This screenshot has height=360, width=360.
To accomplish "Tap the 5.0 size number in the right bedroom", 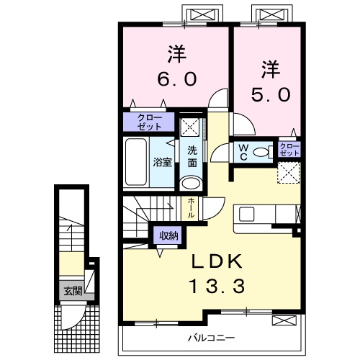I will point(269,94).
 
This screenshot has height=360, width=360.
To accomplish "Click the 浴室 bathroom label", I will point(162,162).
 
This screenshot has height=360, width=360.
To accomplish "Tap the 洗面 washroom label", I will point(192,156).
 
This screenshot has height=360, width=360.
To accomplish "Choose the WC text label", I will point(243,151).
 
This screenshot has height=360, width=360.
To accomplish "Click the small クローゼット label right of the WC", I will point(289,150).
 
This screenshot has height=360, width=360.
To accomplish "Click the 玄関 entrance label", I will point(71,291).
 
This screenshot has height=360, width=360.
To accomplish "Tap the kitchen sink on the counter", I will point(246,213).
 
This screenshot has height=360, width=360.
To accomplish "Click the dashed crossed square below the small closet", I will point(288,172).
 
